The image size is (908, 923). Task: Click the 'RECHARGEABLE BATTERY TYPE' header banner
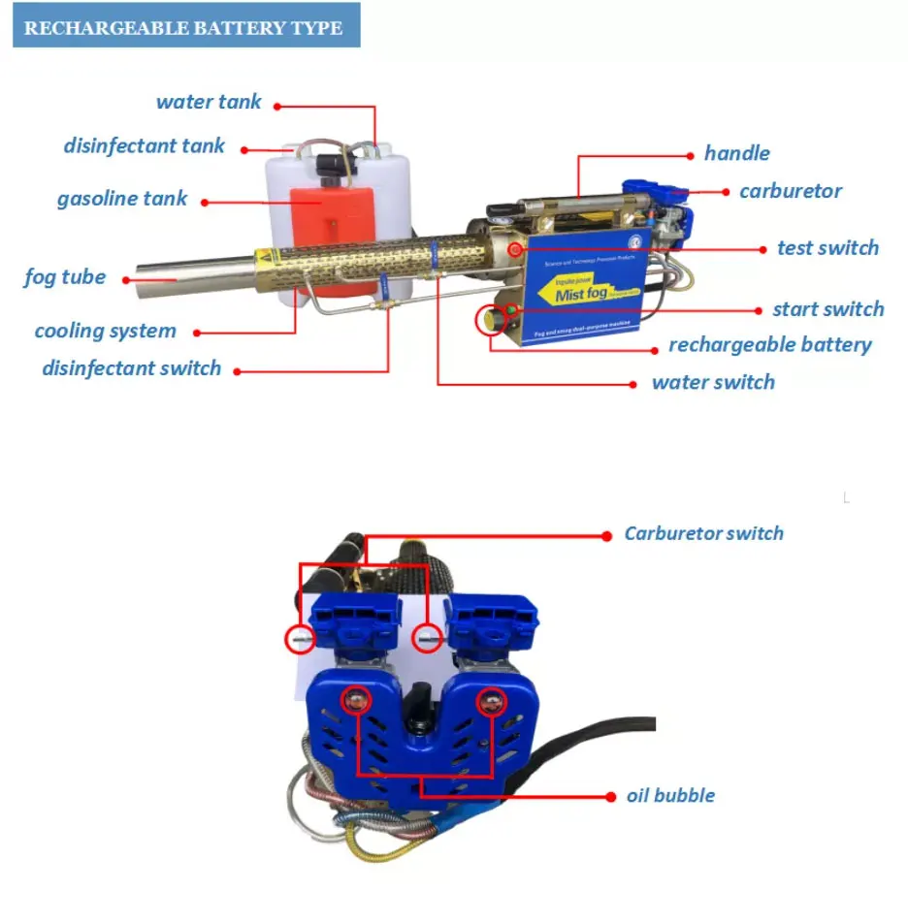click(x=183, y=26)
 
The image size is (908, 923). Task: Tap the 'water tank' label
click(x=209, y=102)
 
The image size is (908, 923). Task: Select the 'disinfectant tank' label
click(x=144, y=146)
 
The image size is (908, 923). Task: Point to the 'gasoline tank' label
click(x=122, y=199)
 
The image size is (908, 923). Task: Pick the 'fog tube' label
click(x=65, y=277)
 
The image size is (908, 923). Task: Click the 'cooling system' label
click(x=106, y=331)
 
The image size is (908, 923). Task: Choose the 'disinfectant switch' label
click(x=131, y=368)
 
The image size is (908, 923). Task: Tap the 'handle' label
click(x=736, y=153)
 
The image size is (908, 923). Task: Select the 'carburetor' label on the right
click(x=791, y=191)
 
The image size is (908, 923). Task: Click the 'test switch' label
click(x=827, y=248)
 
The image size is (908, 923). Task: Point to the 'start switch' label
click(x=827, y=309)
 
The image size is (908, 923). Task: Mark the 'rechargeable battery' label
click(x=769, y=345)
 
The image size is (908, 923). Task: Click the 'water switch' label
click(x=713, y=382)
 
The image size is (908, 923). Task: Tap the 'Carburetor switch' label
click(x=703, y=533)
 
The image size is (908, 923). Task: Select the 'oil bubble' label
click(x=670, y=795)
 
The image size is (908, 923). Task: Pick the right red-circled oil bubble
click(x=492, y=700)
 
